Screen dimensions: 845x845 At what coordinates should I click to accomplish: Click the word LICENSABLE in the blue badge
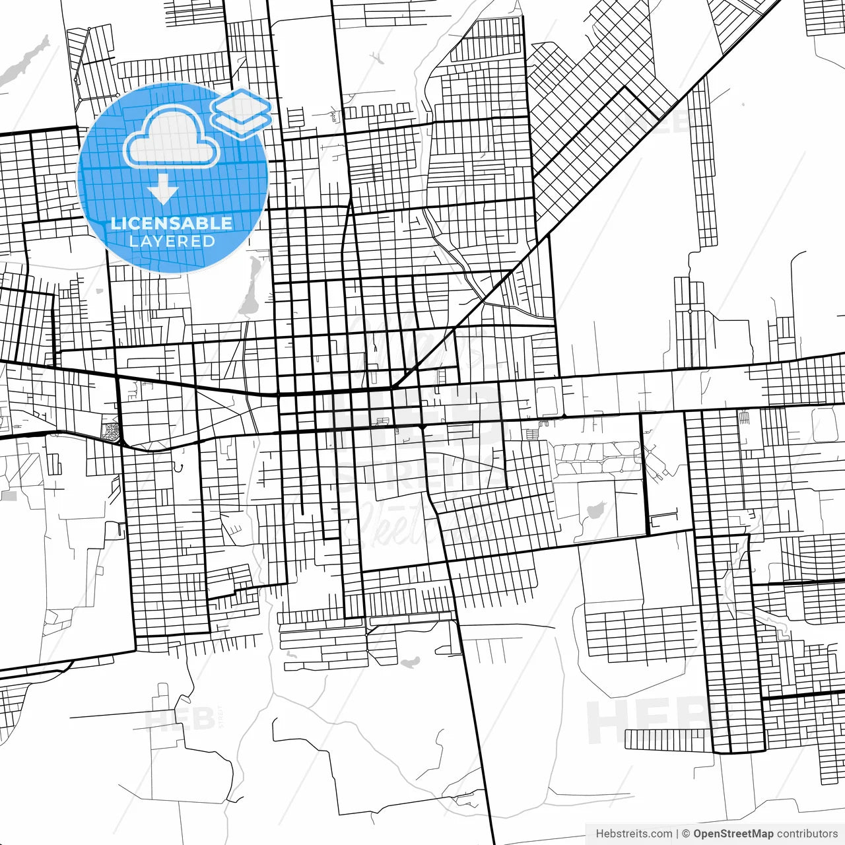(x=172, y=223)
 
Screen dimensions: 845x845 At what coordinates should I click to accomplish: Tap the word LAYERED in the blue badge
(x=172, y=241)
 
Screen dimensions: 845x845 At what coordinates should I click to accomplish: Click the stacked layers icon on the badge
(x=242, y=113)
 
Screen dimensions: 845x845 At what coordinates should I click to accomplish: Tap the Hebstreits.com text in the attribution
(x=634, y=834)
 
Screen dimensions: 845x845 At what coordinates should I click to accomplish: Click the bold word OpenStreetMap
(x=733, y=834)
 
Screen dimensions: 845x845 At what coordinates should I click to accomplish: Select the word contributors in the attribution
(x=807, y=834)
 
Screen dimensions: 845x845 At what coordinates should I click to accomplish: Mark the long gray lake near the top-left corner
(x=25, y=61)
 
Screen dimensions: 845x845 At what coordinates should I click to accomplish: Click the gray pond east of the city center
(x=595, y=510)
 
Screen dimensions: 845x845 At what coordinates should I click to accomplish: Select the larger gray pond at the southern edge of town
(x=409, y=661)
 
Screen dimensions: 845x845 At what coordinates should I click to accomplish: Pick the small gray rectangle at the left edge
(x=9, y=495)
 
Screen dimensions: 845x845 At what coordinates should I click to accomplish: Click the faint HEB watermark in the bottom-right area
(x=647, y=721)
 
